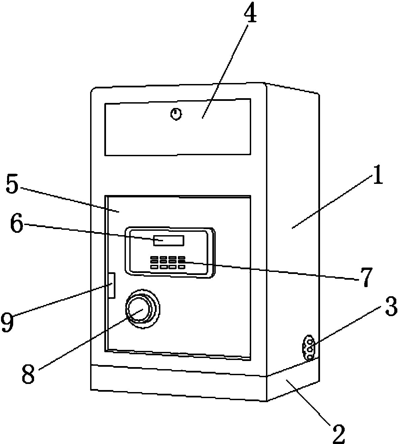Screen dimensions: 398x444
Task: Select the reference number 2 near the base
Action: tap(339, 433)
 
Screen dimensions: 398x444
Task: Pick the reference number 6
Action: tap(17, 224)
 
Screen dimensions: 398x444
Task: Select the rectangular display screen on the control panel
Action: tap(169, 241)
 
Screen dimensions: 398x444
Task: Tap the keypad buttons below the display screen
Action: tap(168, 263)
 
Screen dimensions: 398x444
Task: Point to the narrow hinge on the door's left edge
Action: tap(112, 285)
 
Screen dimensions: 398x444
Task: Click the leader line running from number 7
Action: tap(271, 271)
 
